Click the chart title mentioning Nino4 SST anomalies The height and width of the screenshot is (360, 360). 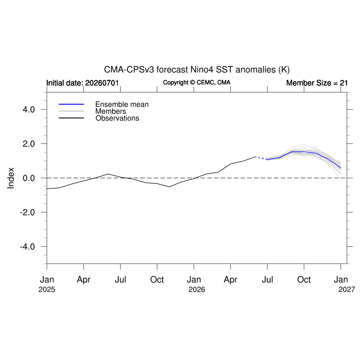point(197,70)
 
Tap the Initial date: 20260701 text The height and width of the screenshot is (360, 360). point(82,83)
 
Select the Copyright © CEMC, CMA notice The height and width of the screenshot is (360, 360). point(197,82)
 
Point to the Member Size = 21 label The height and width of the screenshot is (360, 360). point(317,83)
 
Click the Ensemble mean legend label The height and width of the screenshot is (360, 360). point(122,104)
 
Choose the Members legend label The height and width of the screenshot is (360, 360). point(111,111)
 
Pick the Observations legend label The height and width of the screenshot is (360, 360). point(117,118)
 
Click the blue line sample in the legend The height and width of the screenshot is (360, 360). point(71,104)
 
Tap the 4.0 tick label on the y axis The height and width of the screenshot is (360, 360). point(29,110)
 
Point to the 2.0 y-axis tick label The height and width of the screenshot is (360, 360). point(29,144)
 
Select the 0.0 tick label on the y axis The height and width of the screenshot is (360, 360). point(29,178)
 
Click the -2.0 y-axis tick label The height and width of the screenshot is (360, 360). point(27,212)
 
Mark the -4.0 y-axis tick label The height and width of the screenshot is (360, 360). point(27,246)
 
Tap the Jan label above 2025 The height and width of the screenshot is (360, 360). point(47,279)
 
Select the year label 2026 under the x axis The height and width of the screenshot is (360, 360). point(197,290)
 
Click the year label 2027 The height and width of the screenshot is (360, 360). point(347,290)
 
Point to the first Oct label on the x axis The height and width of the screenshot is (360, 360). point(157,279)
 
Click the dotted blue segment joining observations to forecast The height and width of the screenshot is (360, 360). point(261,158)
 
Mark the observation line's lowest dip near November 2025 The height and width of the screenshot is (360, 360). point(169,187)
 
